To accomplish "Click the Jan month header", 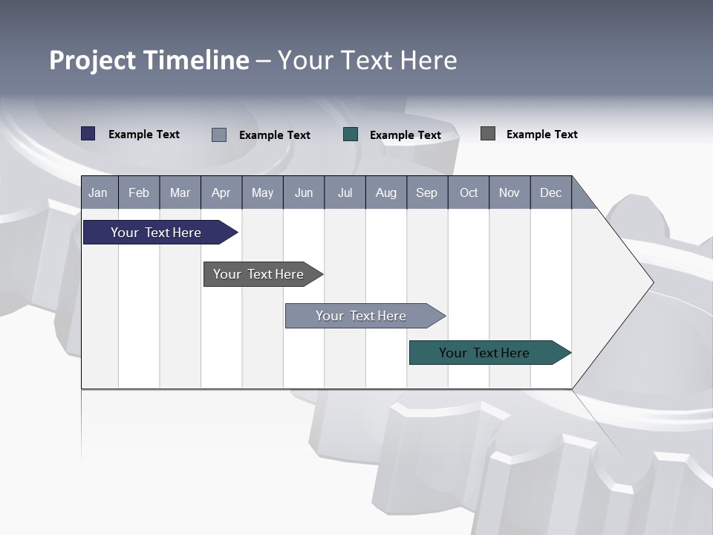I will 99,192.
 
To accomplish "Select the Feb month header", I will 139,192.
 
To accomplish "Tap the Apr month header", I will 221,192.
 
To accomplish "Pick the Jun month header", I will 304,192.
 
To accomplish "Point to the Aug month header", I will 386,192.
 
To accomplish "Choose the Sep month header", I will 427,192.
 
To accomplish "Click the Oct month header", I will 469,192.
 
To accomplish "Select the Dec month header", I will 551,192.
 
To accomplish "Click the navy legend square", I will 88,134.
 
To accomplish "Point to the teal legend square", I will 351,134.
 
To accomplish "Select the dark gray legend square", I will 488,134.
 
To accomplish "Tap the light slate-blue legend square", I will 219,134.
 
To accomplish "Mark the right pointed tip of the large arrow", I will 651,282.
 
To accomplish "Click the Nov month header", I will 509,192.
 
